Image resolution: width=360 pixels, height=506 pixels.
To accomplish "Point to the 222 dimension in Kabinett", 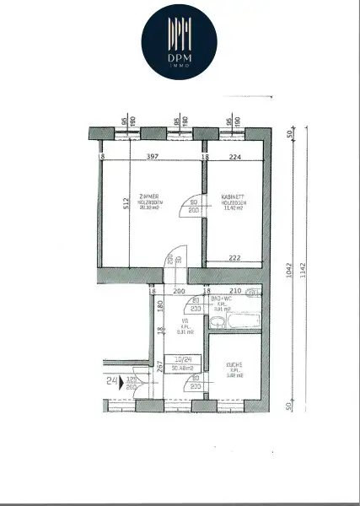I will click(234, 258).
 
